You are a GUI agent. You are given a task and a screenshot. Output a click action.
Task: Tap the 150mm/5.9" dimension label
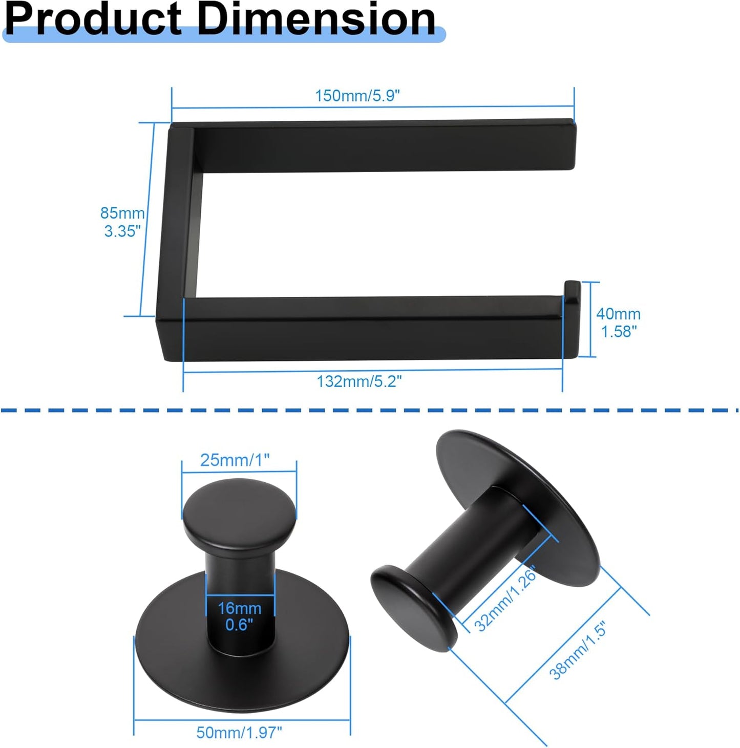[357, 96]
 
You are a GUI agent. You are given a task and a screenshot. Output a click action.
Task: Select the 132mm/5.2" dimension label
[359, 381]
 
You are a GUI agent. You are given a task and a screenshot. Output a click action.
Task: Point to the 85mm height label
[122, 213]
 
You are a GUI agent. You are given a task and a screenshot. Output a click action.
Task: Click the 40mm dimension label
[618, 314]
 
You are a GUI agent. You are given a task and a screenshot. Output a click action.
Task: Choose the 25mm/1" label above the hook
[235, 460]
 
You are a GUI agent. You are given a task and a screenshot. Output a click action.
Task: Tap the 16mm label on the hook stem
[239, 608]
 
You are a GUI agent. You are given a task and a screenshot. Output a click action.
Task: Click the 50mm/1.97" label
[239, 733]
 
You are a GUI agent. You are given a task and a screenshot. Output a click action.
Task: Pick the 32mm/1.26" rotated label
[505, 599]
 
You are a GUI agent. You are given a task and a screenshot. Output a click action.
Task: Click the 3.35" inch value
[122, 231]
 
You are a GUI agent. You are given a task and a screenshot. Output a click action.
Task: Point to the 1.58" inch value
[619, 332]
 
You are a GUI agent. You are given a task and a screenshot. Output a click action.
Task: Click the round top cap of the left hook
[240, 509]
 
